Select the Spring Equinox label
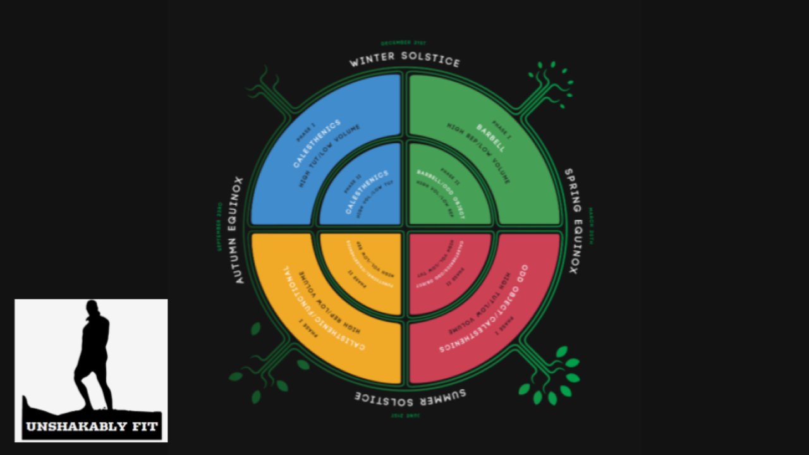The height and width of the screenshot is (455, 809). [x=571, y=221]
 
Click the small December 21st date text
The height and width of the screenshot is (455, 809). [x=403, y=43]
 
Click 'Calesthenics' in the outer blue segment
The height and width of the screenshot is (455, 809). [x=317, y=143]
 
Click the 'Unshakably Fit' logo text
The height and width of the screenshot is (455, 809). [x=91, y=426]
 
